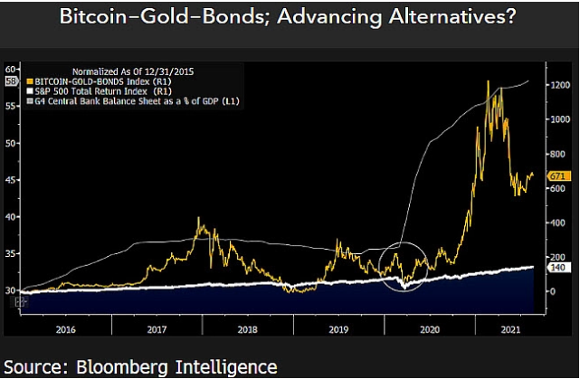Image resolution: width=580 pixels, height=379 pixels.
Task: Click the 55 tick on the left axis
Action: [x=12, y=106]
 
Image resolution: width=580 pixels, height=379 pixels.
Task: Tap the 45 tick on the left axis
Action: [x=12, y=180]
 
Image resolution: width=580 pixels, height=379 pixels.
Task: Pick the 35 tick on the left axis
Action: [x=12, y=254]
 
